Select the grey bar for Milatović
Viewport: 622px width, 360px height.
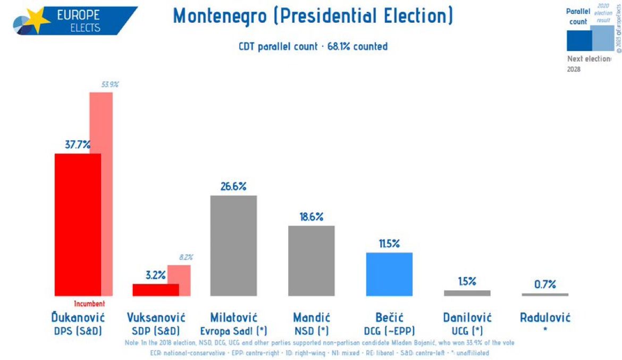(233, 245)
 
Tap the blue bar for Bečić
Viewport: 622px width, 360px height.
(389, 274)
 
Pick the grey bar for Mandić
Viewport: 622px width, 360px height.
(311, 261)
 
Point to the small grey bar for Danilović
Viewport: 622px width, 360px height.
(467, 293)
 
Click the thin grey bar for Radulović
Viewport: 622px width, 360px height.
(545, 295)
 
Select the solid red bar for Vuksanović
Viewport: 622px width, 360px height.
(155, 290)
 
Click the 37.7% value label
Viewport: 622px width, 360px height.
(78, 144)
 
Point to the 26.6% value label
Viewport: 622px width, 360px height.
(233, 187)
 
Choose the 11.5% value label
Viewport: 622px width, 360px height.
(389, 244)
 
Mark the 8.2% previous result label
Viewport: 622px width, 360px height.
(186, 257)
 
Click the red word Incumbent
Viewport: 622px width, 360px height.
(89, 304)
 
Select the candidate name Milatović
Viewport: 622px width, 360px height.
(233, 318)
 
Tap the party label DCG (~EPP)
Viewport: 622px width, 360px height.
(389, 331)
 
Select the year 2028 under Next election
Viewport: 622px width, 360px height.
(574, 69)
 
